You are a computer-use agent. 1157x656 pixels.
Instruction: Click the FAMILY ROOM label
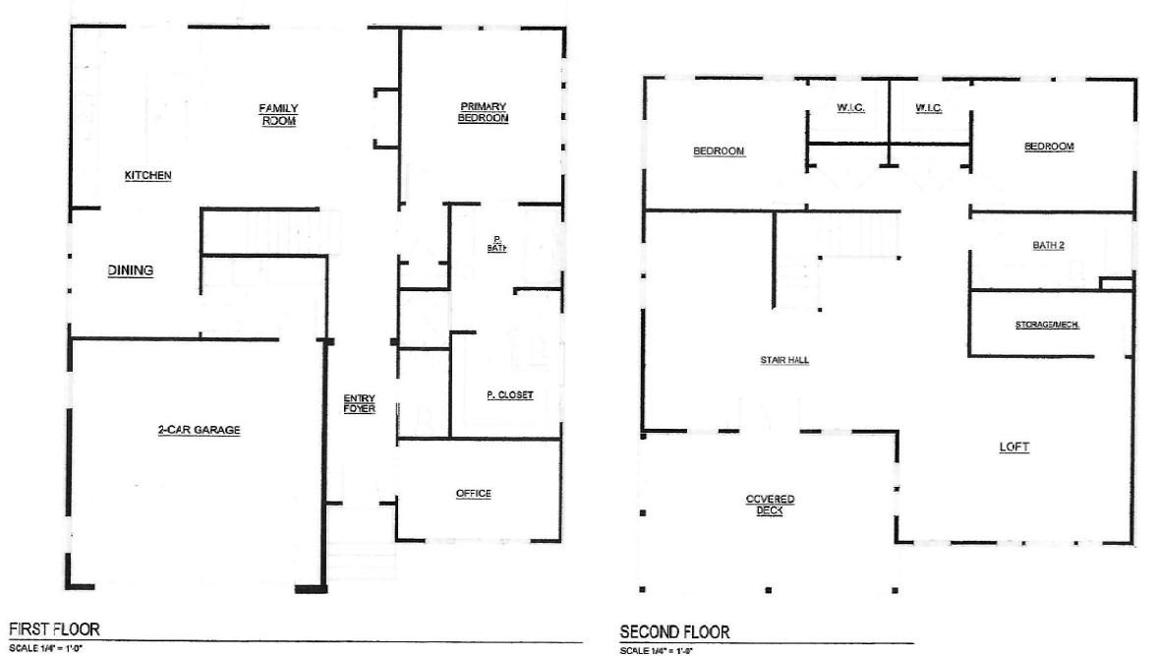click(x=278, y=114)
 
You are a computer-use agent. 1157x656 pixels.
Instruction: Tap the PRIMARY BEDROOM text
click(x=483, y=112)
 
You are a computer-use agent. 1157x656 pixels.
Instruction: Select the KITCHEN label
click(x=148, y=176)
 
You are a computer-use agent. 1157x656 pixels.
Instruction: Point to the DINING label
click(x=131, y=270)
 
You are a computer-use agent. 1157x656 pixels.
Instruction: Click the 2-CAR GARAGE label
click(x=200, y=430)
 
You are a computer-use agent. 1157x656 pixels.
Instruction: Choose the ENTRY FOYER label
click(x=359, y=403)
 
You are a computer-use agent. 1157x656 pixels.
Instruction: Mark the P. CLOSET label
click(x=509, y=395)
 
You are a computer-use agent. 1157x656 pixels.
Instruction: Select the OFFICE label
click(x=473, y=494)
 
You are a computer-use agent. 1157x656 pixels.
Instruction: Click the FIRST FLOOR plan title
click(x=54, y=628)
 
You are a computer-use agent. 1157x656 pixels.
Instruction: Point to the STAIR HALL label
click(x=784, y=361)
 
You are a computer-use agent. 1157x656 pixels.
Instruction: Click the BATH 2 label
click(x=1048, y=245)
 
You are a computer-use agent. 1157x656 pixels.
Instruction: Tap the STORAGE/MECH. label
click(x=1048, y=325)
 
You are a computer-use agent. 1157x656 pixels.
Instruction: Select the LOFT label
click(x=1013, y=447)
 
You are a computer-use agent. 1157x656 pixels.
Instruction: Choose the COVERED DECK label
click(x=770, y=505)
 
